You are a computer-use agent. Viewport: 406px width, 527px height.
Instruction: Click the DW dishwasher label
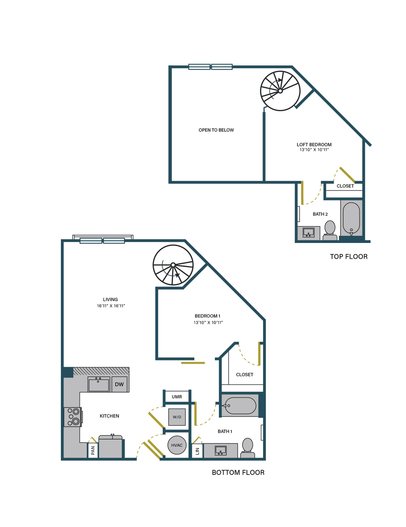[119, 384]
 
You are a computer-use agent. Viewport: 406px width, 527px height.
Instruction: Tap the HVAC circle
[177, 445]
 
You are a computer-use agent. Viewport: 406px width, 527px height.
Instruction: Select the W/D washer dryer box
[177, 417]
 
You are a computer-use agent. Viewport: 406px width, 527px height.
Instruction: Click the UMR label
[177, 397]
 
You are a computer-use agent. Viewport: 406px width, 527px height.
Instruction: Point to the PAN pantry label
[93, 450]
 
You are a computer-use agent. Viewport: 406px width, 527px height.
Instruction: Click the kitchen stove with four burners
[73, 417]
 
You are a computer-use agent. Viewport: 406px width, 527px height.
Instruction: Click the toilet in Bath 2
[329, 230]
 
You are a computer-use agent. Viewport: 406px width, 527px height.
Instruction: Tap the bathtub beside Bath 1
[239, 406]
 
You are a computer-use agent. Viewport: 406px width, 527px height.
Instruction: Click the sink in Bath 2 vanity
[308, 233]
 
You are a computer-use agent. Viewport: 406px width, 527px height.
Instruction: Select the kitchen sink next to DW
[99, 384]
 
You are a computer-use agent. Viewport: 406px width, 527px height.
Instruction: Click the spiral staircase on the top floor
[280, 91]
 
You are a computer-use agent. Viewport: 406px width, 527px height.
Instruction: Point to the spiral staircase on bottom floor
[173, 265]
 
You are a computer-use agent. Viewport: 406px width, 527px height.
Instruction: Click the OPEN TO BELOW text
[216, 130]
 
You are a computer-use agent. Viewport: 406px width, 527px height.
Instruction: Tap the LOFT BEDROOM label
[314, 144]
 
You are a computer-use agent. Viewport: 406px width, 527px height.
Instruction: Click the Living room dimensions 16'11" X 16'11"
[111, 306]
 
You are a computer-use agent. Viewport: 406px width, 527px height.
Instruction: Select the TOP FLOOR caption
[348, 256]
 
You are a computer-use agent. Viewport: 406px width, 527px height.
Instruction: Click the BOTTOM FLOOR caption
[238, 473]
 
